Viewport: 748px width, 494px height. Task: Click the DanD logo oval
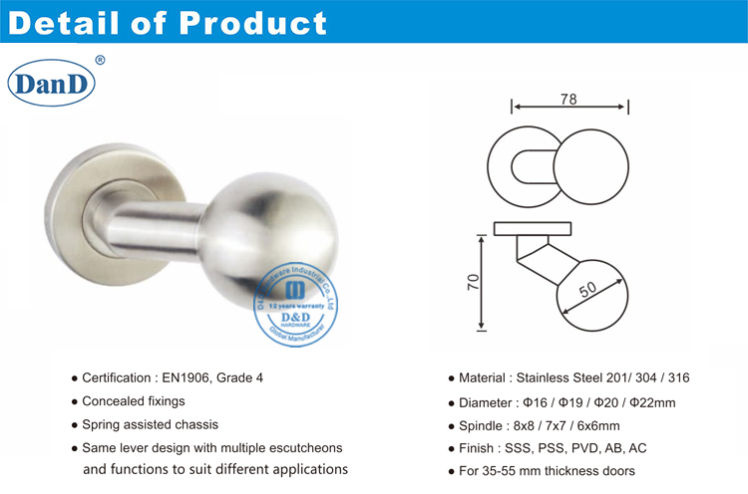point(51,85)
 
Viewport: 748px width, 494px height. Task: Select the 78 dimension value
point(569,99)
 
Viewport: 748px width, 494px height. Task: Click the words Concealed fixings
point(134,401)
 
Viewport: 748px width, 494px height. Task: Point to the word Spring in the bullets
point(103,424)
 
